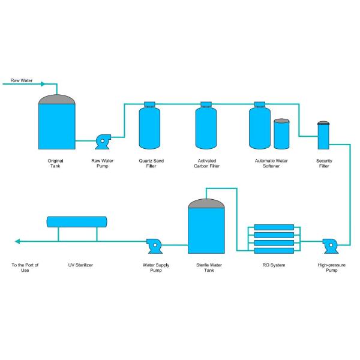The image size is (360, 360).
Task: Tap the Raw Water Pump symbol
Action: (102, 142)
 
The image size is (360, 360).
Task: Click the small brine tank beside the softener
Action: (281, 134)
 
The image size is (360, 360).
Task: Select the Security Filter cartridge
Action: (323, 136)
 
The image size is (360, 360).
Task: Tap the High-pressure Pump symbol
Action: (330, 245)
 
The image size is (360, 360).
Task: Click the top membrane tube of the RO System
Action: (274, 228)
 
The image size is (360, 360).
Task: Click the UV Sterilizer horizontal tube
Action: (77, 222)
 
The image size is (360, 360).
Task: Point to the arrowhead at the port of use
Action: (17, 242)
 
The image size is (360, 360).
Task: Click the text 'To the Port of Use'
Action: (25, 268)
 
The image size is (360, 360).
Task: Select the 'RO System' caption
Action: (274, 265)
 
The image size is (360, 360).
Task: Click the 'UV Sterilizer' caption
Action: (80, 265)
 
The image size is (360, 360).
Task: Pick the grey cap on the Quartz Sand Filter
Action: (149, 104)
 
